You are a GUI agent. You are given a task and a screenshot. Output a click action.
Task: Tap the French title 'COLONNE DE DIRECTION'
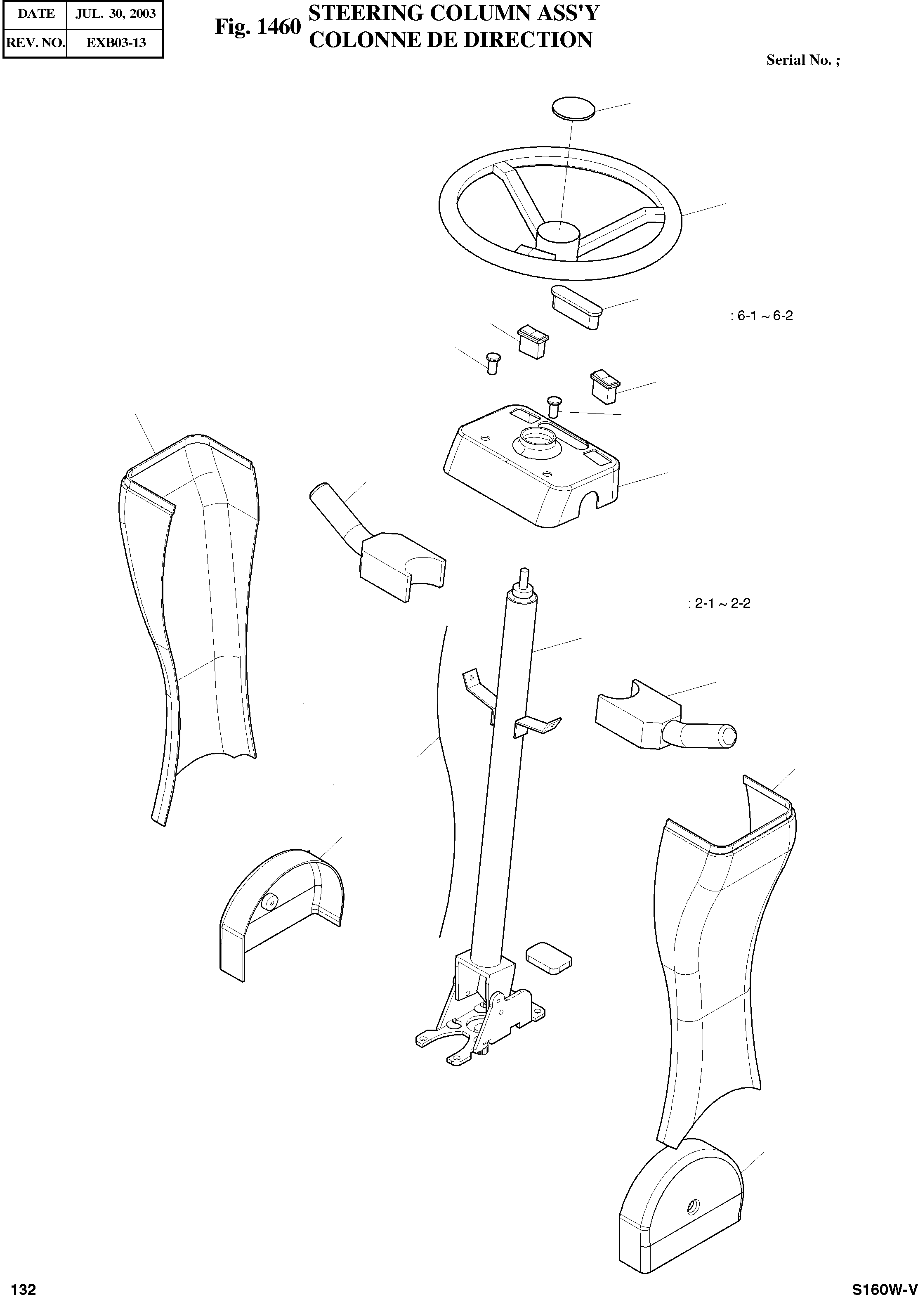(x=451, y=40)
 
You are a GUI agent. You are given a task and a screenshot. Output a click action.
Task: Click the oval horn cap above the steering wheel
(x=573, y=107)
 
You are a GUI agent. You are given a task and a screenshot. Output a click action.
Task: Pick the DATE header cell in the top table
(x=35, y=14)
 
